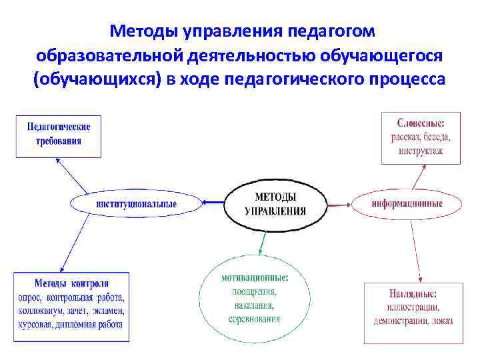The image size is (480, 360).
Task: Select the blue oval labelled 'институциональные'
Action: [x=136, y=203]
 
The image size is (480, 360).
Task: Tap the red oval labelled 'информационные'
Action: [x=407, y=203]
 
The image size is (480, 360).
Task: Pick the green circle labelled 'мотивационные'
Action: [x=255, y=297]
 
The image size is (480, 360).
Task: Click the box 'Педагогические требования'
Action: [x=59, y=133]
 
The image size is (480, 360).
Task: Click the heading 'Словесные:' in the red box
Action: [x=421, y=123]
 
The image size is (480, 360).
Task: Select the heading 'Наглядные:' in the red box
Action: [x=413, y=293]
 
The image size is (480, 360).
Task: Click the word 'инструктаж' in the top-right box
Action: [x=421, y=151]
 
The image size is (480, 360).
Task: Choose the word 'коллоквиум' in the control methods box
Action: [x=43, y=311]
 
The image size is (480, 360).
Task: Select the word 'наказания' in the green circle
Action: [x=254, y=305]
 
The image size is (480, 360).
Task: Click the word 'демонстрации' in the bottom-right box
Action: [x=401, y=320]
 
